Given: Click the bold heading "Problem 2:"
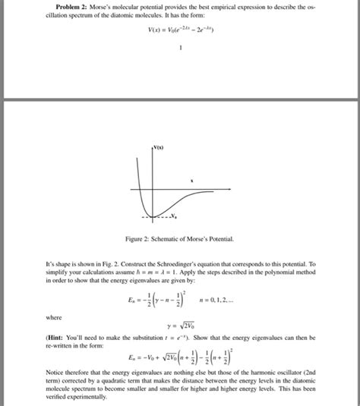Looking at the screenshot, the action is (x=62, y=7).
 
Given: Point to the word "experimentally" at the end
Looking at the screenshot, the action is (x=84, y=400).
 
